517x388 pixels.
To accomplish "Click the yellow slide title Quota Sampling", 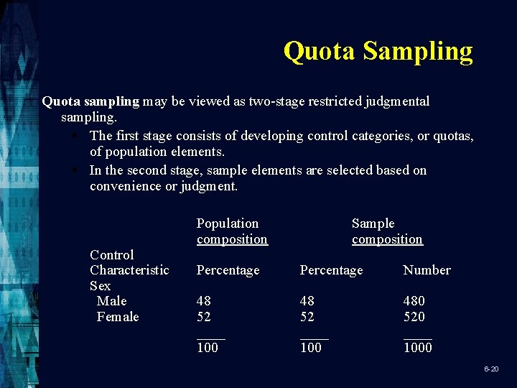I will tap(378, 51).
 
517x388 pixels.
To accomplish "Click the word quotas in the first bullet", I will tap(453, 136).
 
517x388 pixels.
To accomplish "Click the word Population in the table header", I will tap(227, 223).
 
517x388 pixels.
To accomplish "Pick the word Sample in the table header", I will tap(373, 223).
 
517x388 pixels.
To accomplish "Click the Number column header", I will tap(427, 270).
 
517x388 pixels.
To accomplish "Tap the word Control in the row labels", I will tap(111, 255).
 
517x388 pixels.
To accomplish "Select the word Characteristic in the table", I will tap(129, 270).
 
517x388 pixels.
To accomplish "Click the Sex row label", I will tap(100, 286).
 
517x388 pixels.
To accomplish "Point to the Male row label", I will tap(111, 301).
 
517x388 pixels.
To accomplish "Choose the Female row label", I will tap(118, 317).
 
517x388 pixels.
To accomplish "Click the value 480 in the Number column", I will tap(414, 301).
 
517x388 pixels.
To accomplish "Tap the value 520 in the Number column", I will tap(414, 317).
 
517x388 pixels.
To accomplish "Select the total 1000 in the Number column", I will tap(417, 348).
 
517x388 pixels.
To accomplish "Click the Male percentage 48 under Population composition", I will tap(204, 301).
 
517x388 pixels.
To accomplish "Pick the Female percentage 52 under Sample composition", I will tap(307, 317).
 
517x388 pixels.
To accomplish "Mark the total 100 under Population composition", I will tap(208, 348).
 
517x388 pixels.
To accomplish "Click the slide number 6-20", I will tap(491, 369).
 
